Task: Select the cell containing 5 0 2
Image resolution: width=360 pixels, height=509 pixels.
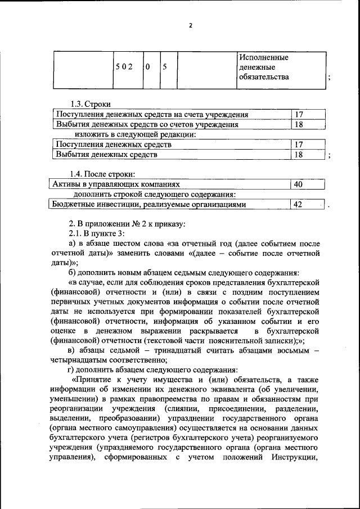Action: point(123,67)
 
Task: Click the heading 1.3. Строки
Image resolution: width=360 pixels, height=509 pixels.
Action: point(90,104)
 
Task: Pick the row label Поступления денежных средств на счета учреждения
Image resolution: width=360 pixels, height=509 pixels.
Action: point(152,115)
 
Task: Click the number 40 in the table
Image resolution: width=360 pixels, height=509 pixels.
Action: point(298,184)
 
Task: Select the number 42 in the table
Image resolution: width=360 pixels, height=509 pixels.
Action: point(298,205)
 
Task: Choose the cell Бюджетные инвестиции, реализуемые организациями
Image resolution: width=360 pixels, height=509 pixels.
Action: point(148,205)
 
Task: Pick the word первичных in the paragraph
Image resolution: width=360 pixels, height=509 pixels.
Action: point(72,302)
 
